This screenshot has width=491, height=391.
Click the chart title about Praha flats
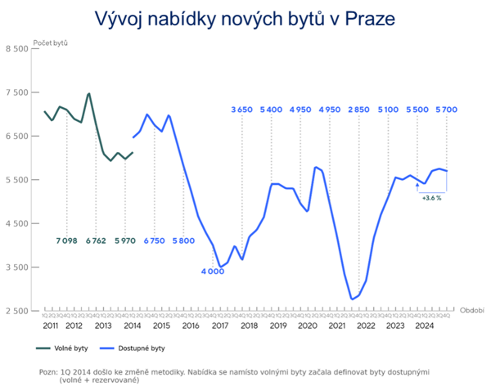[245, 18]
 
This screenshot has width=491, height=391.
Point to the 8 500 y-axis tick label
[16, 49]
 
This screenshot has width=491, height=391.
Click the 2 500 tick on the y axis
[16, 311]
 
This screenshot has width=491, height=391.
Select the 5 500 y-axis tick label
[16, 180]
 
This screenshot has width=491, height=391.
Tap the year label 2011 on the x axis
[51, 326]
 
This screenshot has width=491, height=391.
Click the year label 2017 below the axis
[219, 326]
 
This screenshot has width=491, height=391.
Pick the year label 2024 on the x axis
[423, 326]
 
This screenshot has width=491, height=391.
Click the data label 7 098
[67, 240]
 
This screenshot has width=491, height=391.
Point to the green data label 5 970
[125, 240]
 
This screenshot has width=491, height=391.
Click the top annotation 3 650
[242, 109]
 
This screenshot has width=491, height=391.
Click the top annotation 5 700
[447, 109]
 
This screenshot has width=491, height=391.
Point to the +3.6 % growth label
[432, 197]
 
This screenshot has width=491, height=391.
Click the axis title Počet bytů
[51, 42]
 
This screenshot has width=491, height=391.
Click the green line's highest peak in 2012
[88, 93]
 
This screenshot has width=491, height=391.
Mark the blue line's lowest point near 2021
[352, 299]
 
